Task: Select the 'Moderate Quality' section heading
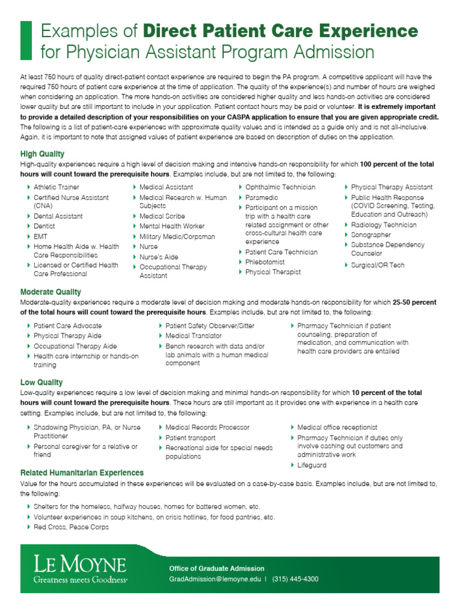point(51,292)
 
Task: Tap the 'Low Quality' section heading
point(41,382)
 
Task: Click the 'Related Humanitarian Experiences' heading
point(82,472)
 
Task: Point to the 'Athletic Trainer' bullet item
point(56,187)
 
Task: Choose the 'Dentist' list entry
point(44,226)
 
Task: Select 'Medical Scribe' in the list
point(162,216)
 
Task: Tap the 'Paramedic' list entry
point(262,198)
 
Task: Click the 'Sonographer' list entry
point(371,235)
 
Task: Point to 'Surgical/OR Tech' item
point(377,265)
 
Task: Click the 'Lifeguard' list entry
point(311,465)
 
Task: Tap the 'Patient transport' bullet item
point(190,438)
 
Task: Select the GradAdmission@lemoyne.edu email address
point(216,579)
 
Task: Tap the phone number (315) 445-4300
point(295,579)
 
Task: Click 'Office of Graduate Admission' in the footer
point(217,568)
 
